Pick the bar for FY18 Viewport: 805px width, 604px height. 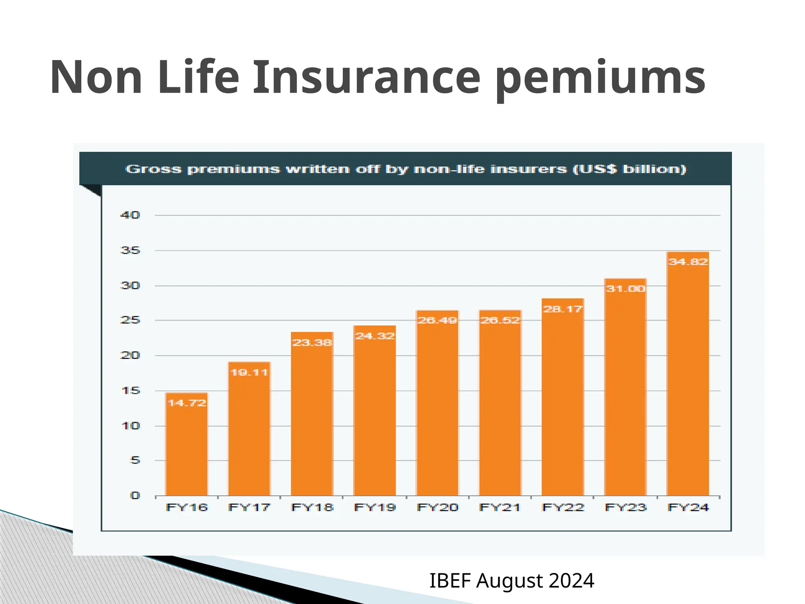click(x=312, y=417)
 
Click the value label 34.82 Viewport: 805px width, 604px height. click(x=688, y=262)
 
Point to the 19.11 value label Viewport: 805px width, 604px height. click(x=249, y=372)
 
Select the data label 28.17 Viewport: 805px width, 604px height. click(x=562, y=309)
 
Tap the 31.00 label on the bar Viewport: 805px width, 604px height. click(x=625, y=289)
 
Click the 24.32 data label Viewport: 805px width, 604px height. click(x=375, y=336)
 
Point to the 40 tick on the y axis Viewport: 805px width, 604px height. click(x=130, y=215)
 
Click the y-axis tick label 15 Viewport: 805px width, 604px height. click(x=130, y=390)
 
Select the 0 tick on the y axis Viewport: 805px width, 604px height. click(x=135, y=495)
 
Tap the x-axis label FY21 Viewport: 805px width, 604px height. click(x=500, y=508)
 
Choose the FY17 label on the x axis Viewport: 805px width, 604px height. click(x=249, y=508)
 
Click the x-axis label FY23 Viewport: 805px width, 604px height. click(x=625, y=508)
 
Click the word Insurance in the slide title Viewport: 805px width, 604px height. click(x=366, y=77)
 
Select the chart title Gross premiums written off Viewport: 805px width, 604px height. click(x=406, y=169)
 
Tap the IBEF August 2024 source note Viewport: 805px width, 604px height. click(x=511, y=581)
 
